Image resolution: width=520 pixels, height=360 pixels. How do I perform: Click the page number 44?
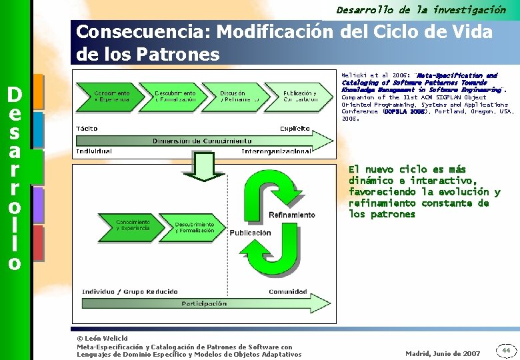pos(506,349)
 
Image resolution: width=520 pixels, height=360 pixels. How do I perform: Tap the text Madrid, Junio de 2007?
pos(443,353)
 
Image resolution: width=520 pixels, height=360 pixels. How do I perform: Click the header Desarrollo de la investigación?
pos(421,9)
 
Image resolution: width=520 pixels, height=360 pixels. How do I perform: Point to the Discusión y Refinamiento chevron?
pos(239,96)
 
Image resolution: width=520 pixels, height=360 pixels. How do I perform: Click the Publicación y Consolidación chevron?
pos(301,96)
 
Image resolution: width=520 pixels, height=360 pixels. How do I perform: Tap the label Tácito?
pos(87,128)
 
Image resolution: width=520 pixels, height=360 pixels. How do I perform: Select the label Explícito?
pos(294,128)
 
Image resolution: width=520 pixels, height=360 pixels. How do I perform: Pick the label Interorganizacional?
pos(276,151)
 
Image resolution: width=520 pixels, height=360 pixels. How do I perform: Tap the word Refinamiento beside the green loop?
pos(291,215)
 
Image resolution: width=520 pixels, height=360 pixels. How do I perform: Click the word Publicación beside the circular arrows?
pos(250,233)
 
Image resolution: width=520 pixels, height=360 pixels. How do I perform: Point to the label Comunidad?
pos(287,291)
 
